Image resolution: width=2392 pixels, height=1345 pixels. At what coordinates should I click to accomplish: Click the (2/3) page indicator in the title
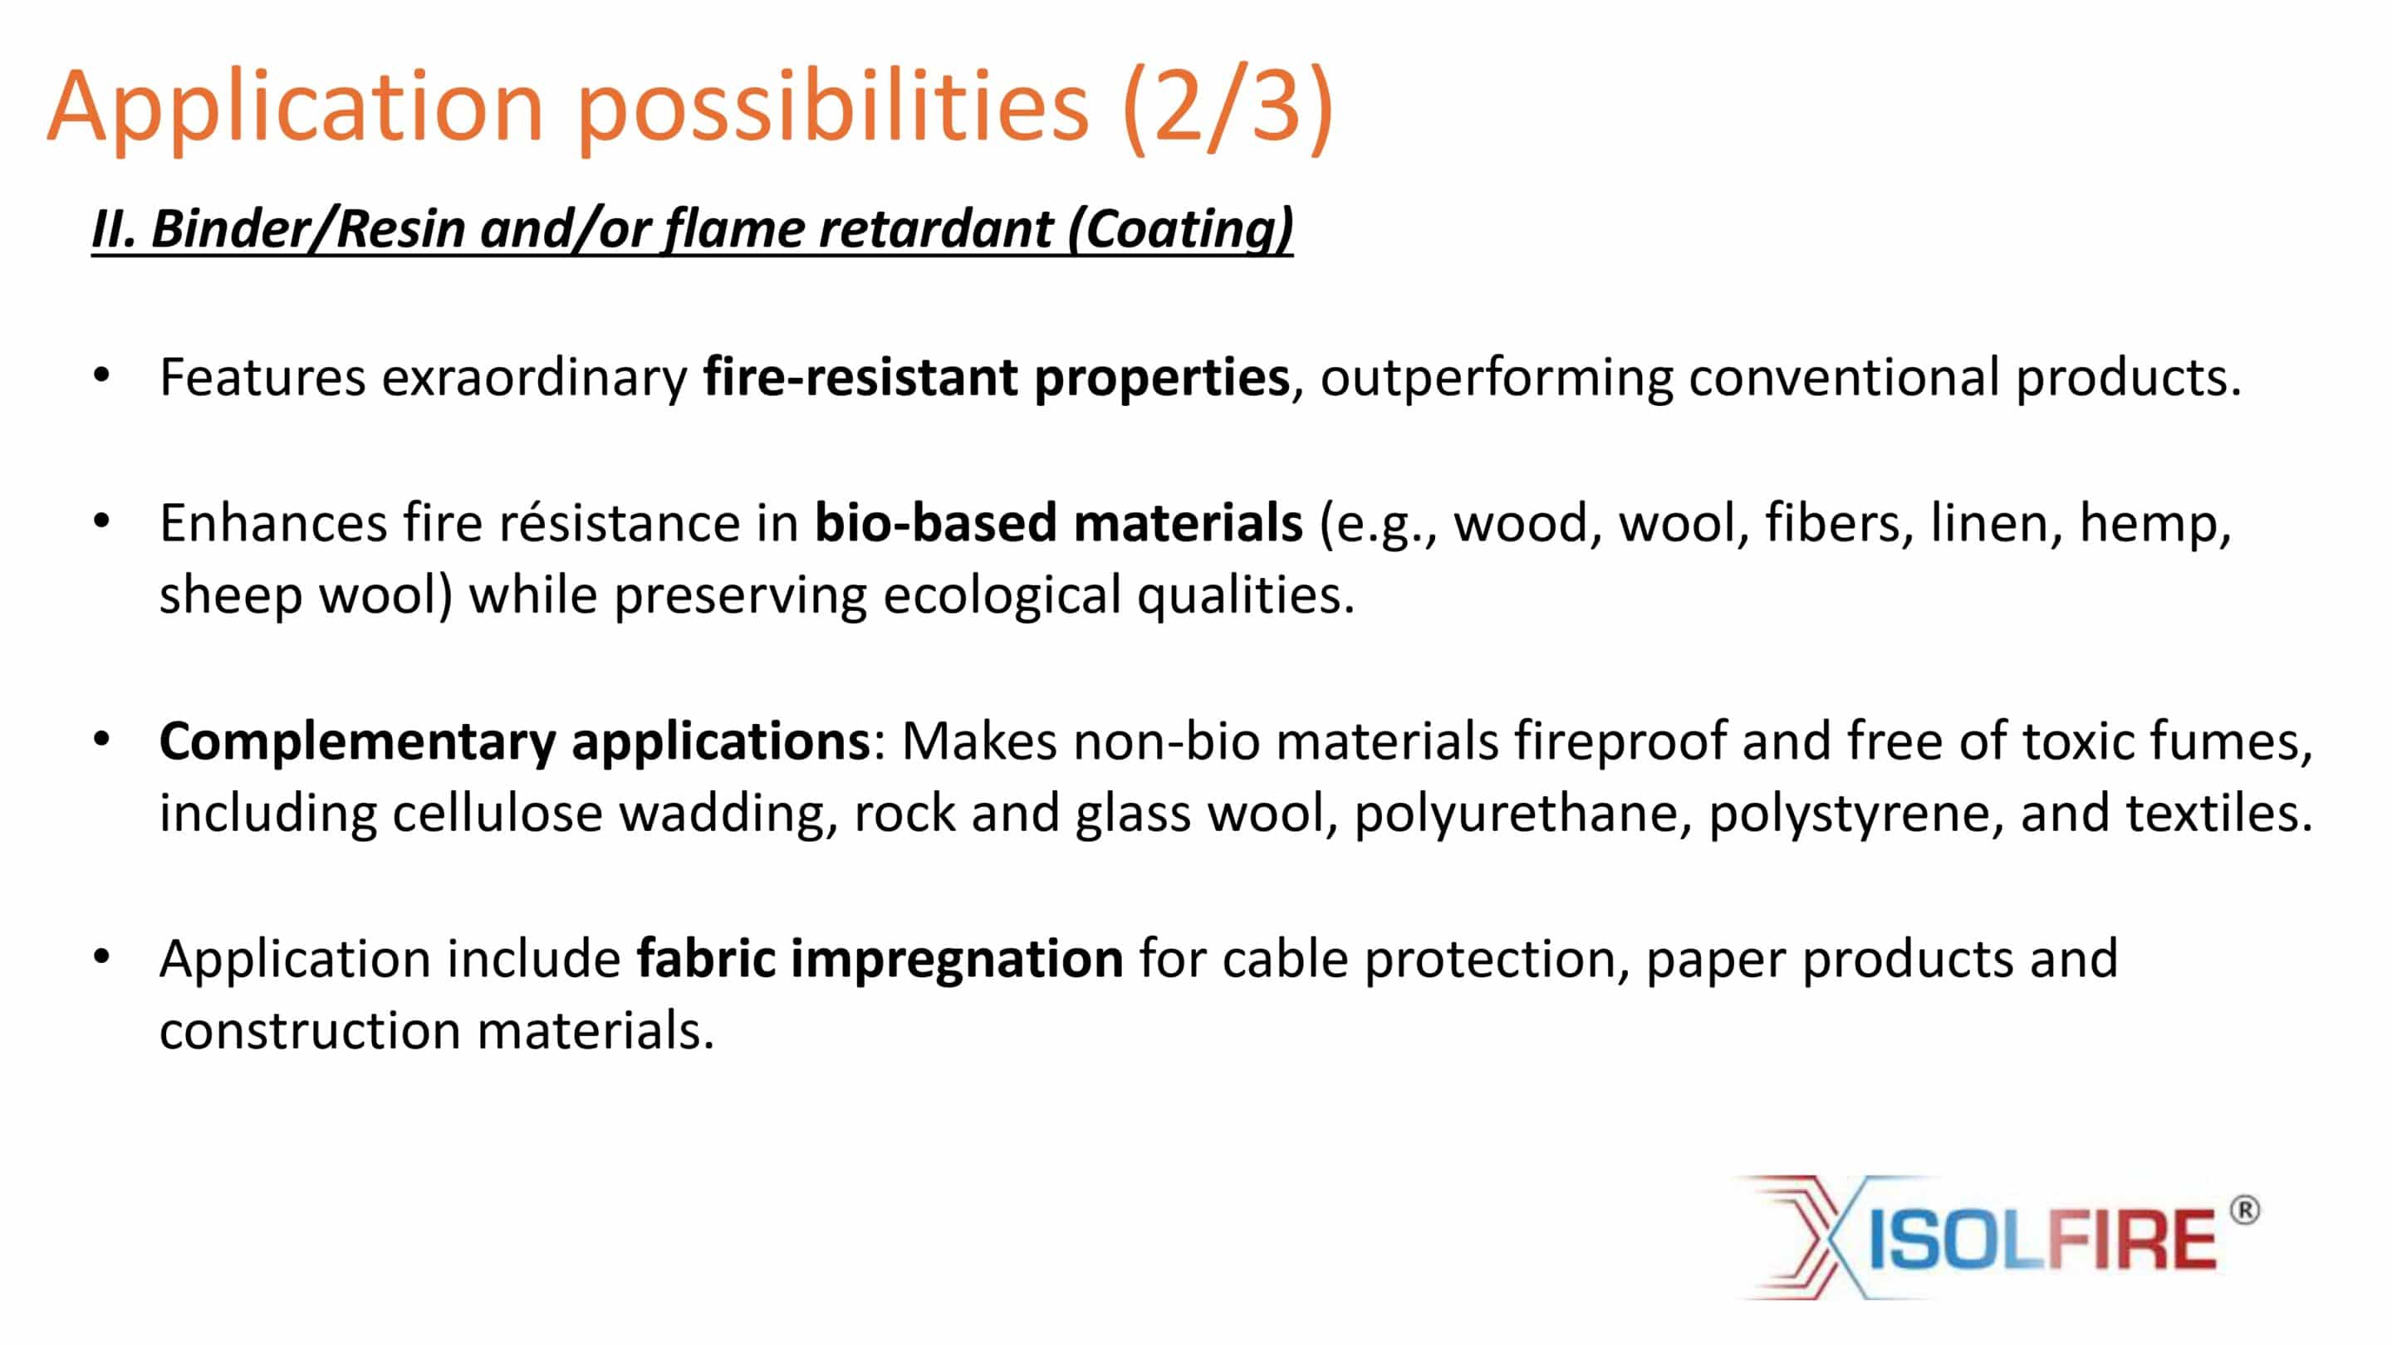pos(1228,108)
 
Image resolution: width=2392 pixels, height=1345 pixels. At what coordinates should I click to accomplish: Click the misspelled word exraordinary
pos(535,378)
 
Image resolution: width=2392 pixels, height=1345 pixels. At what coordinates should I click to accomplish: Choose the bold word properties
pos(1162,378)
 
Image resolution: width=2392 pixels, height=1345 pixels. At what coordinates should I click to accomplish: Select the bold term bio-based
pos(936,521)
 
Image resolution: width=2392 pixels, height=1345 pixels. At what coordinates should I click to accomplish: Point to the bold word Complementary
pos(356,741)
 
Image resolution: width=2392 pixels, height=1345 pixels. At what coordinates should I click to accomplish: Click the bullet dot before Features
pos(102,376)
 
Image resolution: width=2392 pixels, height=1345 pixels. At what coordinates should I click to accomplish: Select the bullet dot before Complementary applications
pos(102,740)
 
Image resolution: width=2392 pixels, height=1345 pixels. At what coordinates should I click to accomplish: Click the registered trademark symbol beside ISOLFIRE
pos(2244,1210)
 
